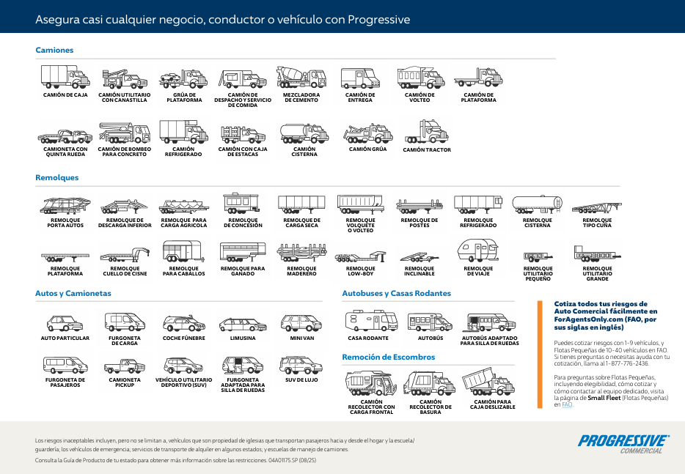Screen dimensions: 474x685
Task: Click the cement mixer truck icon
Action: (x=301, y=77)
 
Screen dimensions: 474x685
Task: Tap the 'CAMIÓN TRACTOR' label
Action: (x=427, y=150)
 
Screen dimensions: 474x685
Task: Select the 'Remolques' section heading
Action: (x=57, y=178)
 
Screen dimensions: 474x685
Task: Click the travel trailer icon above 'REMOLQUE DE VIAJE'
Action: (x=478, y=251)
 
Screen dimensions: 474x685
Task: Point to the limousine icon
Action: (x=242, y=324)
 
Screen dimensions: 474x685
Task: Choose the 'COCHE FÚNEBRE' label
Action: (x=183, y=338)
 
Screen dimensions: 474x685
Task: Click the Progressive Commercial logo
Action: (x=623, y=443)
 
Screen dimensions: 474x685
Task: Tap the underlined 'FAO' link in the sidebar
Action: (x=566, y=404)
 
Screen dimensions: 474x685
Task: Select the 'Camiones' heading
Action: (x=54, y=51)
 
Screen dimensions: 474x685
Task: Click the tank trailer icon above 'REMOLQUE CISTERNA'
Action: (x=537, y=204)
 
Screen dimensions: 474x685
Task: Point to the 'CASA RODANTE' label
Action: (x=368, y=338)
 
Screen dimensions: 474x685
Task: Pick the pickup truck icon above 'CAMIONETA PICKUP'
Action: (x=125, y=365)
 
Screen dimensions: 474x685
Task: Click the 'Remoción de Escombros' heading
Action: (x=388, y=358)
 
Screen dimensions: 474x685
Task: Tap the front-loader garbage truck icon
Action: (x=371, y=384)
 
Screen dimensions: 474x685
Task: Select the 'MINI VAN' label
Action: (x=301, y=338)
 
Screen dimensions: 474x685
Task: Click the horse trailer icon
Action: (x=183, y=252)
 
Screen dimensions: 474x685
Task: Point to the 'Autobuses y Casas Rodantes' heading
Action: (x=396, y=294)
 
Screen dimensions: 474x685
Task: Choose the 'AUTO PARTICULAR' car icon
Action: (x=65, y=323)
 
